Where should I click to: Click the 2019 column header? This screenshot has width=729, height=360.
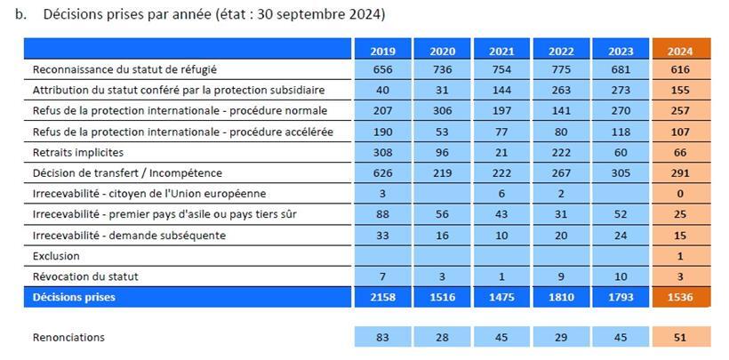coord(382,51)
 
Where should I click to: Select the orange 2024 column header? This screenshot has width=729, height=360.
coord(680,51)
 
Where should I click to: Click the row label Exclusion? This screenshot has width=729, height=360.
coord(56,256)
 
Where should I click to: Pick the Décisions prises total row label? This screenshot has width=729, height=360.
coord(74,297)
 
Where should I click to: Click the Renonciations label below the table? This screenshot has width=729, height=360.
coord(68,337)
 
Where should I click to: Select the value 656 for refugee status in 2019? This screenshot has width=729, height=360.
coord(382,69)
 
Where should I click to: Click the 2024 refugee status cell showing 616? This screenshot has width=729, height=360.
coord(680,69)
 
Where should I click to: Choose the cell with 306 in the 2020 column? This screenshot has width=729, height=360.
coord(442,110)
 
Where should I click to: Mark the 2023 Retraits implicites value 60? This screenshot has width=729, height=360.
coord(621,152)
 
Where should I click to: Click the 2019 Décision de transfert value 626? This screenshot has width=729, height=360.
coord(382,172)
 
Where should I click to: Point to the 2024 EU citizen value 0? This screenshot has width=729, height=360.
coord(680,194)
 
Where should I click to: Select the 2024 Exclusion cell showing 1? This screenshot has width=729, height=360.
coord(680,256)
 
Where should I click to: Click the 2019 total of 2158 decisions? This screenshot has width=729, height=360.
coord(382,297)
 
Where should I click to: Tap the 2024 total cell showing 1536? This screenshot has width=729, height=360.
coord(680,297)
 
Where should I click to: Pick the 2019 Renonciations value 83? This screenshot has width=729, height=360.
coord(382,337)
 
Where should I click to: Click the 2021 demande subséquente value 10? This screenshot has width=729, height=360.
coord(501,235)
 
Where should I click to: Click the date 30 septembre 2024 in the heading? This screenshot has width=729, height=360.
coord(319,15)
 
